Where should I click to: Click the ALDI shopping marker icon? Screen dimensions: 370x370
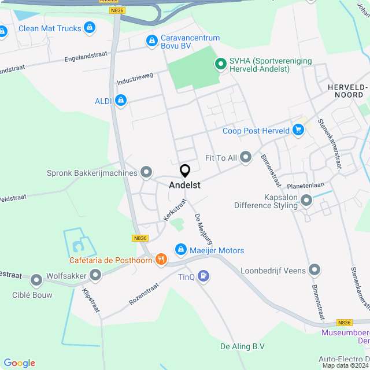pyautogui.click(x=121, y=101)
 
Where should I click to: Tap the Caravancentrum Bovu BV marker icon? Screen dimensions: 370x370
pyautogui.click(x=151, y=40)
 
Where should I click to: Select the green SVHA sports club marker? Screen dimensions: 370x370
pyautogui.click(x=220, y=64)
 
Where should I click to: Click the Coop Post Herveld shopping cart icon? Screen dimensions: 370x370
pyautogui.click(x=298, y=130)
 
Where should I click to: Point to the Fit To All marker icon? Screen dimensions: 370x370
pyautogui.click(x=246, y=157)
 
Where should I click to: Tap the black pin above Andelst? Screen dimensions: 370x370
pyautogui.click(x=185, y=171)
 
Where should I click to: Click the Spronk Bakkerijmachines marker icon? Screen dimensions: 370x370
pyautogui.click(x=146, y=172)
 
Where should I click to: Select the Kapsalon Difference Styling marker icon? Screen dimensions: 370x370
pyautogui.click(x=306, y=200)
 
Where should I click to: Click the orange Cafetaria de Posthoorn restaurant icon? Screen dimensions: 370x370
pyautogui.click(x=161, y=260)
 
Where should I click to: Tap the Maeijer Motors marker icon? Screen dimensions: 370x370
pyautogui.click(x=180, y=250)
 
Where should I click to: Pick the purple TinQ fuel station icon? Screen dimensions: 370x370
pyautogui.click(x=203, y=276)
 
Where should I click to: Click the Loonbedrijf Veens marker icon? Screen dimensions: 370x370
pyautogui.click(x=314, y=269)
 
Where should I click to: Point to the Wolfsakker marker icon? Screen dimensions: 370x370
pyautogui.click(x=95, y=275)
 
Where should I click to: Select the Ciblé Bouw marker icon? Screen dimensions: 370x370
pyautogui.click(x=37, y=282)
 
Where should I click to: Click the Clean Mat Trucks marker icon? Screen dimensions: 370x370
pyautogui.click(x=89, y=27)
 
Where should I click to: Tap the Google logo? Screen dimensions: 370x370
pyautogui.click(x=19, y=362)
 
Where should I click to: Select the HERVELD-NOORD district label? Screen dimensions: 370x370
pyautogui.click(x=347, y=91)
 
